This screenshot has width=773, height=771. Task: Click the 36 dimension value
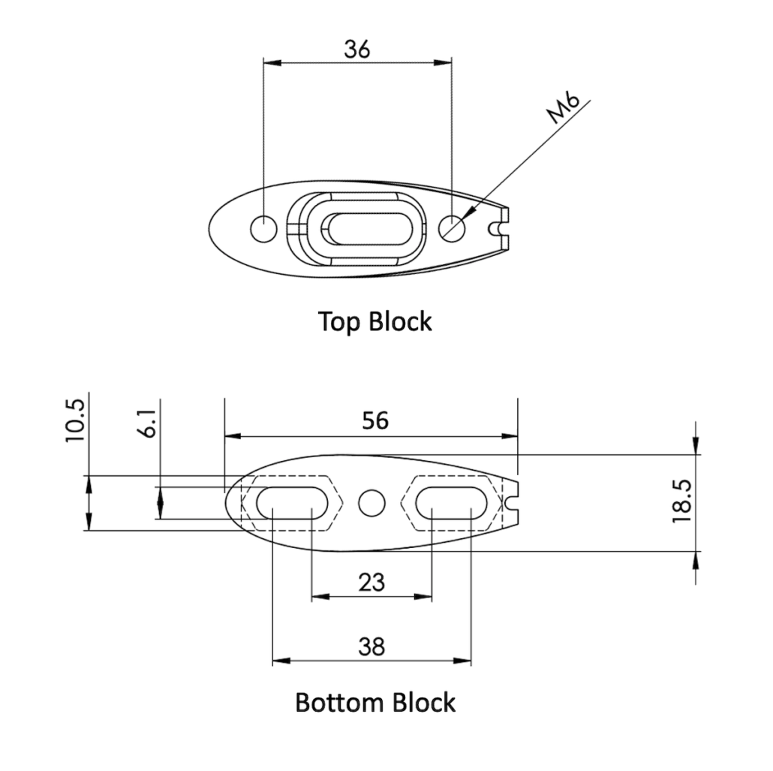[357, 50]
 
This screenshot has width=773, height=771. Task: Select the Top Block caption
[375, 321]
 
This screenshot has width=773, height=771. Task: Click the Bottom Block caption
[375, 703]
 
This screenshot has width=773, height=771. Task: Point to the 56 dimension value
[375, 420]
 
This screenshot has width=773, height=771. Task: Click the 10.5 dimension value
[76, 420]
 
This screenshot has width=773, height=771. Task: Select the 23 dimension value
[371, 582]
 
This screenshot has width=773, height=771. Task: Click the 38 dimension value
[371, 646]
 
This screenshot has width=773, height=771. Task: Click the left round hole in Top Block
[264, 228]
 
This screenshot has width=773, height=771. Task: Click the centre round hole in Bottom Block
[371, 503]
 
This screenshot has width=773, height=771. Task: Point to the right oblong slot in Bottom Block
[451, 503]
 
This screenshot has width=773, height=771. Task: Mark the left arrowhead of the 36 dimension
[270, 63]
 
